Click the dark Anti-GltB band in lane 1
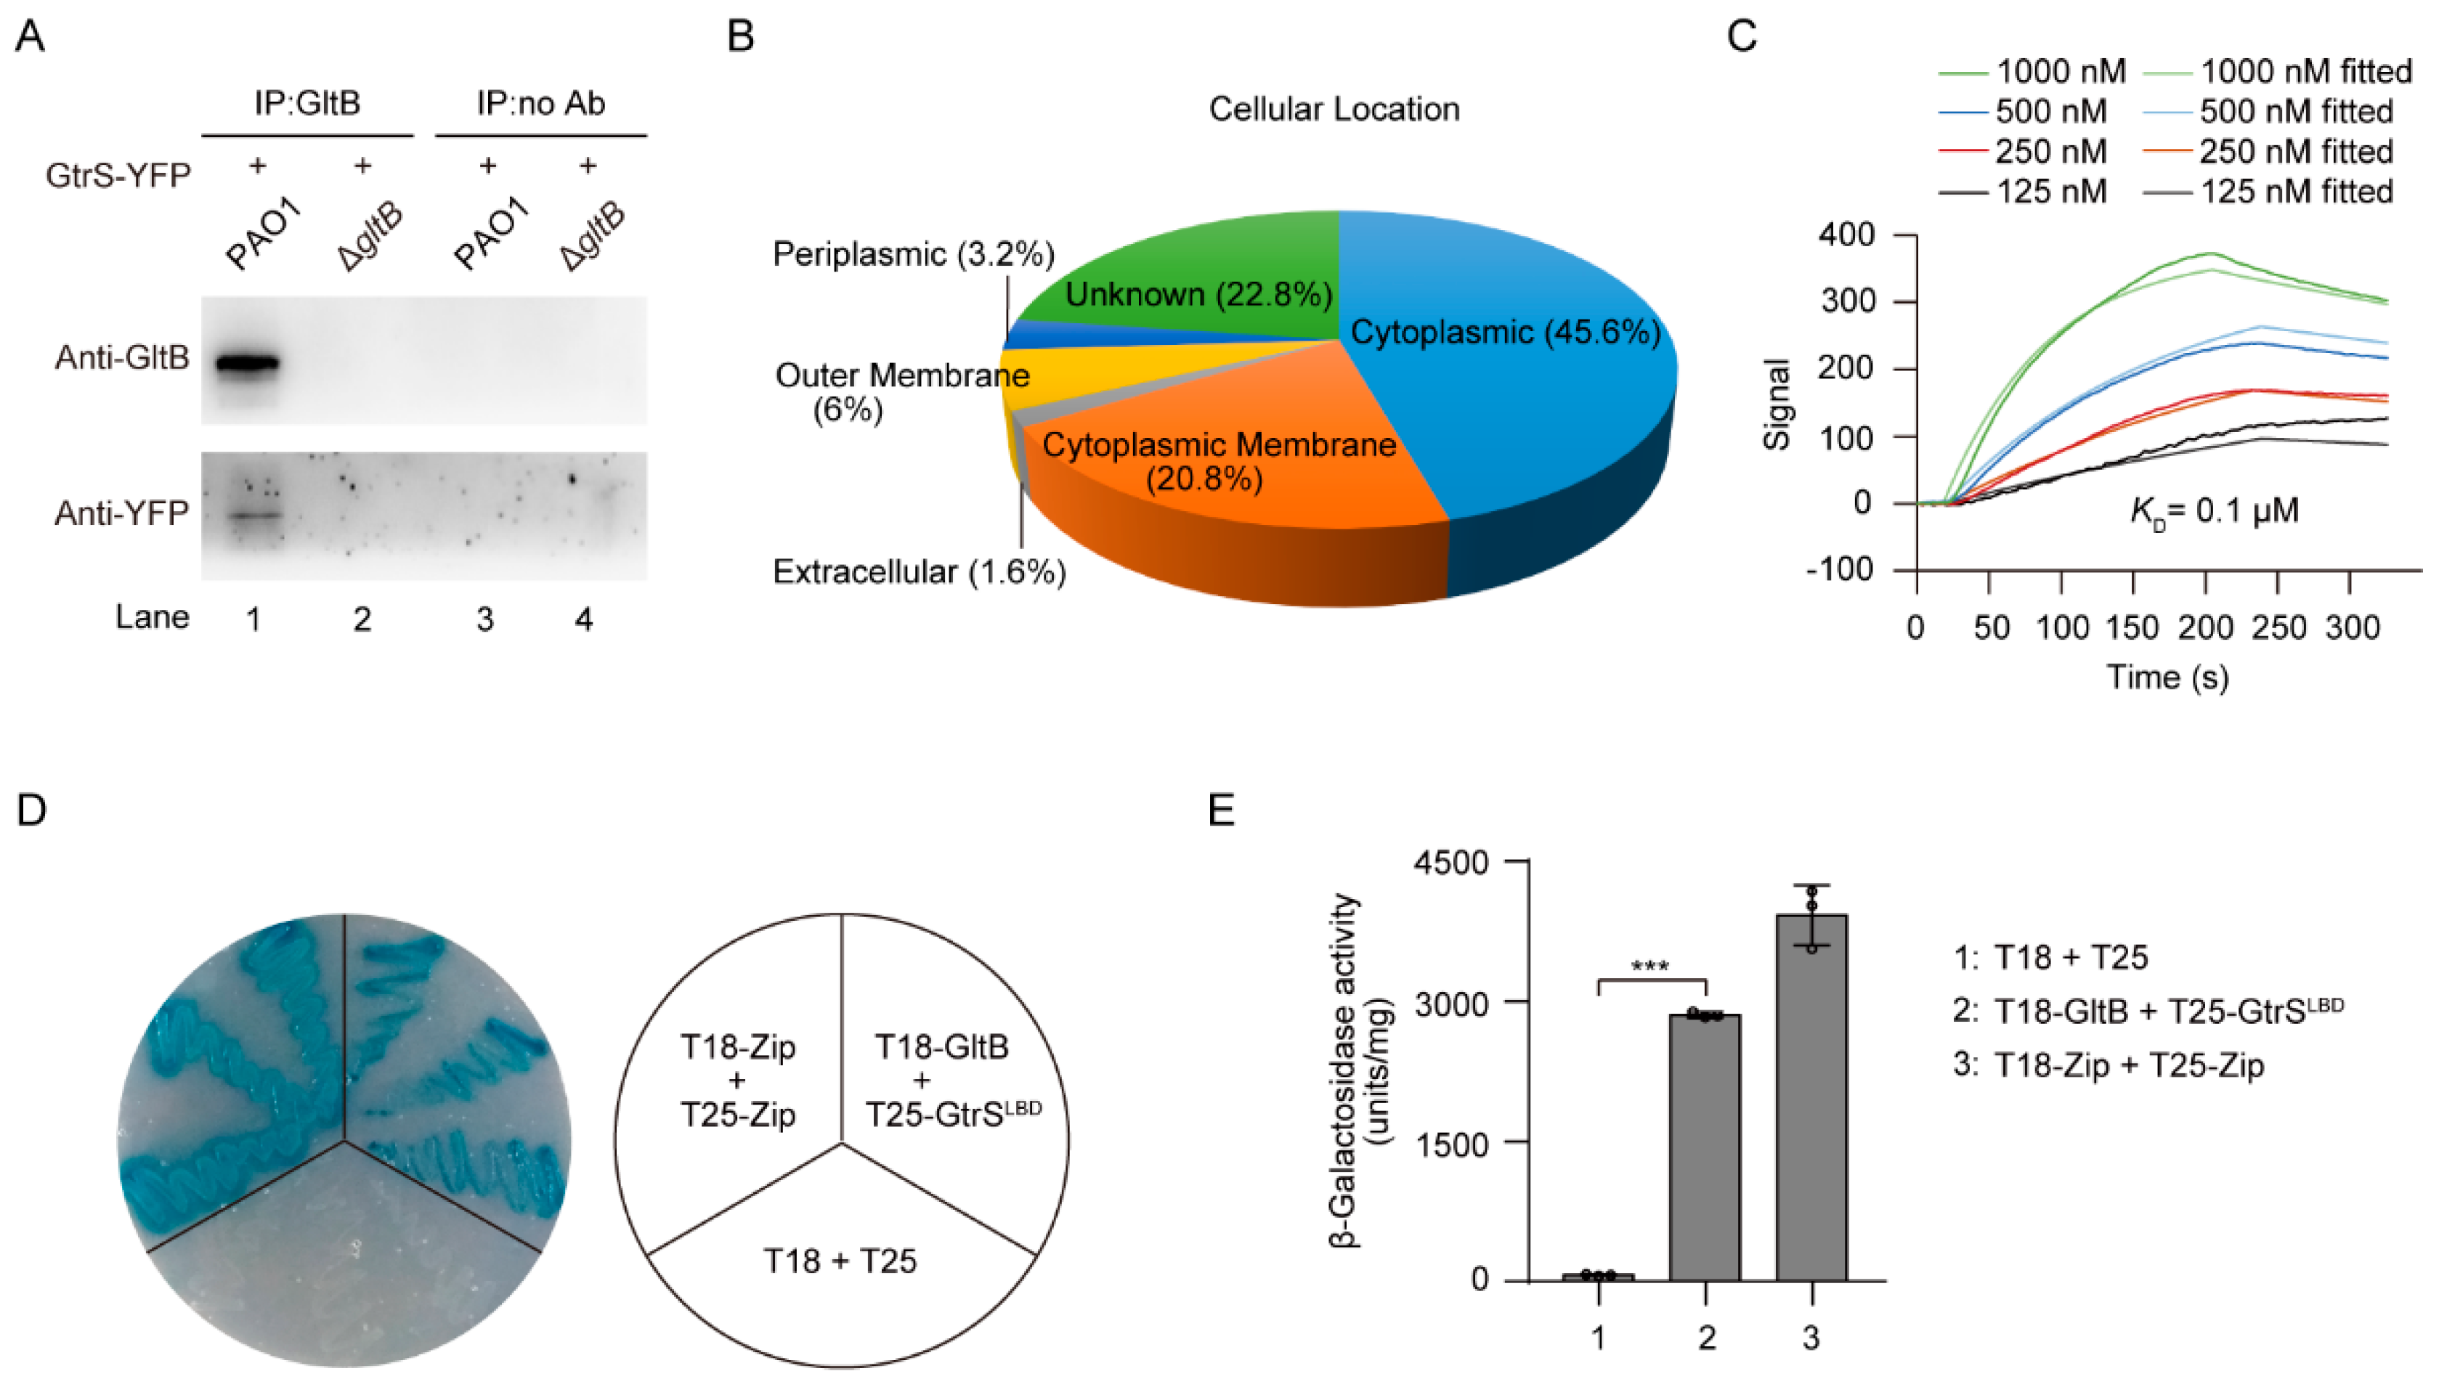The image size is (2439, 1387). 247,363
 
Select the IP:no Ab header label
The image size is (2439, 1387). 540,103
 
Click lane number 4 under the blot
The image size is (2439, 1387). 583,620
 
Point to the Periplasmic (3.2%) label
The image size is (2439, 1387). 913,254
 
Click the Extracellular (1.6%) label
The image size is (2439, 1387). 918,572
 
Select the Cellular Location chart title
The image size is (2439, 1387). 1334,110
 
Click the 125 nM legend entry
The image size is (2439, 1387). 2050,192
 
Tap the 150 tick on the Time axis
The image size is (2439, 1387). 2132,627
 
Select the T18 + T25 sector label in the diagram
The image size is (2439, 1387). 840,1261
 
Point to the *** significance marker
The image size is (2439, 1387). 1650,966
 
